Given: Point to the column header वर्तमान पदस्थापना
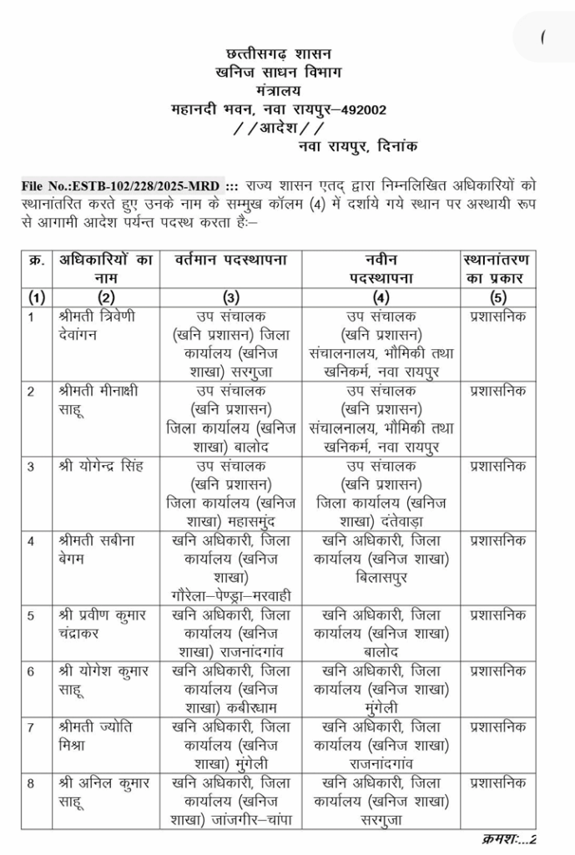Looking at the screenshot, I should [x=231, y=261].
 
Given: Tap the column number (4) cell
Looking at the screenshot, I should [x=381, y=297].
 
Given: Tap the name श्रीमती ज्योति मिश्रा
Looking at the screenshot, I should [x=93, y=736].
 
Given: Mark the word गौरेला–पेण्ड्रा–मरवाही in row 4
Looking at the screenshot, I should [x=230, y=596].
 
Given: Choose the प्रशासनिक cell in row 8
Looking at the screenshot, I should [x=498, y=783].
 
